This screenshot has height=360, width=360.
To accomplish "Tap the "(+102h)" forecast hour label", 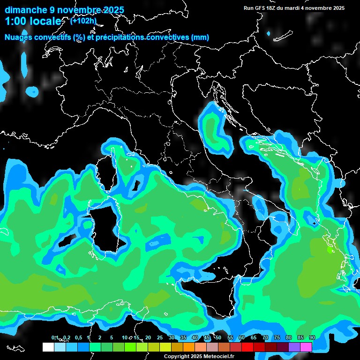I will click(x=83, y=21).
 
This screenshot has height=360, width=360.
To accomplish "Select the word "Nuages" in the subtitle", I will click(x=19, y=37).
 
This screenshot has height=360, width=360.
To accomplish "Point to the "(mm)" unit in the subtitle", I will click(x=201, y=37).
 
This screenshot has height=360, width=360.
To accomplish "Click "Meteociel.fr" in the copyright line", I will click(x=222, y=356).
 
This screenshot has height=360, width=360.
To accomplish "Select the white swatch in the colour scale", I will click(x=48, y=347).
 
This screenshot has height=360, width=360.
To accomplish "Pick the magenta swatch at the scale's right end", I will click(x=306, y=347).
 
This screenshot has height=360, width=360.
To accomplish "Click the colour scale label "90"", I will click(x=312, y=337).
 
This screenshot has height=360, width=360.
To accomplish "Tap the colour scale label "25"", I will click(x=160, y=337).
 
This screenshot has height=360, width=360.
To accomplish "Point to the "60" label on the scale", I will click(x=242, y=337).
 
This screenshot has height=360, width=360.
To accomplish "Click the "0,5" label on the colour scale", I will click(x=78, y=337).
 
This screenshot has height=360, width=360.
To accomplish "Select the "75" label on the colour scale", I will click(x=277, y=337).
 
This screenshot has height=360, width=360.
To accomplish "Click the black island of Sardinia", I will click(x=105, y=230).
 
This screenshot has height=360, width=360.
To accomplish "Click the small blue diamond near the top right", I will click(x=269, y=34).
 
